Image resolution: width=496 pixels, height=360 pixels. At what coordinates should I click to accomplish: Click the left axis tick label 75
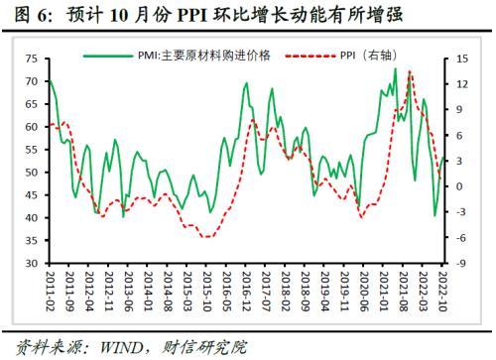click(32, 59)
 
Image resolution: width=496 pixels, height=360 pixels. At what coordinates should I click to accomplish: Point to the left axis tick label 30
click(32, 263)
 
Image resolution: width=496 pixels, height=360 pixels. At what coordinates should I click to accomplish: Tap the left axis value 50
click(32, 173)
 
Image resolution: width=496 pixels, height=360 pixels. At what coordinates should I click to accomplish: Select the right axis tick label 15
click(462, 59)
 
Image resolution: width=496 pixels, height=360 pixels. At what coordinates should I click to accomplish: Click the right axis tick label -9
click(461, 264)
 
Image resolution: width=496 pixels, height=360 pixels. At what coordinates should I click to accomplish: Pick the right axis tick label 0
click(459, 186)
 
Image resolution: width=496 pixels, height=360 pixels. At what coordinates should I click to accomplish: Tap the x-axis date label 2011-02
click(50, 292)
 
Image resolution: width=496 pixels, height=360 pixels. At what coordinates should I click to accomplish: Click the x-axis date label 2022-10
click(442, 292)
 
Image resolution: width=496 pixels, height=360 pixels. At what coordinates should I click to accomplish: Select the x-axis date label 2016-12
click(246, 292)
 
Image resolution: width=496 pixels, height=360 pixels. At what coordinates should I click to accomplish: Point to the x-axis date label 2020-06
click(364, 292)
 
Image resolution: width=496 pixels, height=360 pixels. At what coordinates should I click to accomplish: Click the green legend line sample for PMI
click(108, 56)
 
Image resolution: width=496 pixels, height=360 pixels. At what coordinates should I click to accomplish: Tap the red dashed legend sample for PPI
click(310, 56)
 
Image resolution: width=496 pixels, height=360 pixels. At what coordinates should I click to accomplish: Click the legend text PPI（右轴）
click(369, 56)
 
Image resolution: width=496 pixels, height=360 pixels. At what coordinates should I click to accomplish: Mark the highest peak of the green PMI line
click(395, 68)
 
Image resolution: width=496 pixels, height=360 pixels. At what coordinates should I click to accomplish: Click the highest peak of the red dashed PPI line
click(410, 71)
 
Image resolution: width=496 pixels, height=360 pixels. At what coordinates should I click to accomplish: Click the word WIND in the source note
click(121, 347)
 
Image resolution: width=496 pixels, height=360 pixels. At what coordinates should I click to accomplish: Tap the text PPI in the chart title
click(192, 16)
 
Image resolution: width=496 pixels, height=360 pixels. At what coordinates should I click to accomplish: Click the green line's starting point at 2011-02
click(50, 80)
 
